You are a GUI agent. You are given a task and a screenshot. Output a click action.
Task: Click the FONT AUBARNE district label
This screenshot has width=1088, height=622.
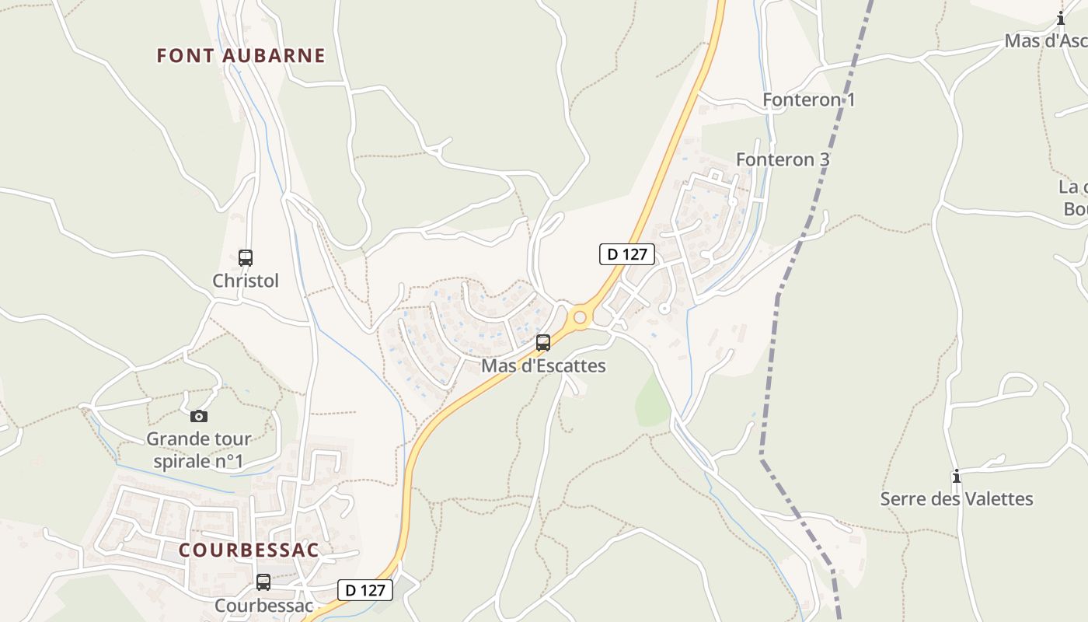click(x=241, y=56)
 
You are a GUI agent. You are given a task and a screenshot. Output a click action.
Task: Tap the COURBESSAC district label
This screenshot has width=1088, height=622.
click(x=249, y=550)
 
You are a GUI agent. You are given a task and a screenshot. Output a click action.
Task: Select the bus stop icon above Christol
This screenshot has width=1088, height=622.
click(x=246, y=257)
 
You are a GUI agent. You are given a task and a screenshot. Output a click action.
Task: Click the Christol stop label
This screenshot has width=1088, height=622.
click(x=246, y=281)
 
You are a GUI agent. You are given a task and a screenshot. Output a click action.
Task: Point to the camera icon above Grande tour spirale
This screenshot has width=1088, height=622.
click(x=199, y=416)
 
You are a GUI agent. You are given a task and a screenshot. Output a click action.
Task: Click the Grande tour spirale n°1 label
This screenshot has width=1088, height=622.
click(x=199, y=450)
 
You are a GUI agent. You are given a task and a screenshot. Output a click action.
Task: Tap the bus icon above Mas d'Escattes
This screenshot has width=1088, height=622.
click(x=543, y=342)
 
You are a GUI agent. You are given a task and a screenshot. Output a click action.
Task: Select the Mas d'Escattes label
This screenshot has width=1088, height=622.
click(x=543, y=365)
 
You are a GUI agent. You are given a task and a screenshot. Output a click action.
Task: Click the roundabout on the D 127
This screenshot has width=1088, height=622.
click(x=579, y=317)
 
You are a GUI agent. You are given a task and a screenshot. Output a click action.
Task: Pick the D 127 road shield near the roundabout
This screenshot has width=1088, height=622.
click(x=627, y=253)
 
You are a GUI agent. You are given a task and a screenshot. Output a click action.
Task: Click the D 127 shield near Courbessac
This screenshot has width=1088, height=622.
click(x=365, y=590)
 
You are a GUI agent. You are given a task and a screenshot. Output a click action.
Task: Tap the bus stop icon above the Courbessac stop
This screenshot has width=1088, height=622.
click(x=263, y=582)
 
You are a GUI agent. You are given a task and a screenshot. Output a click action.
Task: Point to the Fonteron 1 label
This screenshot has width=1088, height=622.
click(x=808, y=100)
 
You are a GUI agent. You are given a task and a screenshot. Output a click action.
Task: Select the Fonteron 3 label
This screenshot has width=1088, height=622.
click(x=783, y=159)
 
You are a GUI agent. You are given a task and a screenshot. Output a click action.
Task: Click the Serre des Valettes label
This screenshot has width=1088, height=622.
click(x=957, y=498)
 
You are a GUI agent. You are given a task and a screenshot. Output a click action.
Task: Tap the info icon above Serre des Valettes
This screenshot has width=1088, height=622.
click(x=957, y=476)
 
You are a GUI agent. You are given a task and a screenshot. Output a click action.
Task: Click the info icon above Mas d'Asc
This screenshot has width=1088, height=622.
click(x=1061, y=18)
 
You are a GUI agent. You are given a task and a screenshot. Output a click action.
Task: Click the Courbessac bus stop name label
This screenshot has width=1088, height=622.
click(x=263, y=605)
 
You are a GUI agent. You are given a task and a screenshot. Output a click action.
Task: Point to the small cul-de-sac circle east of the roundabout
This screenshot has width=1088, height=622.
click(x=664, y=309)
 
